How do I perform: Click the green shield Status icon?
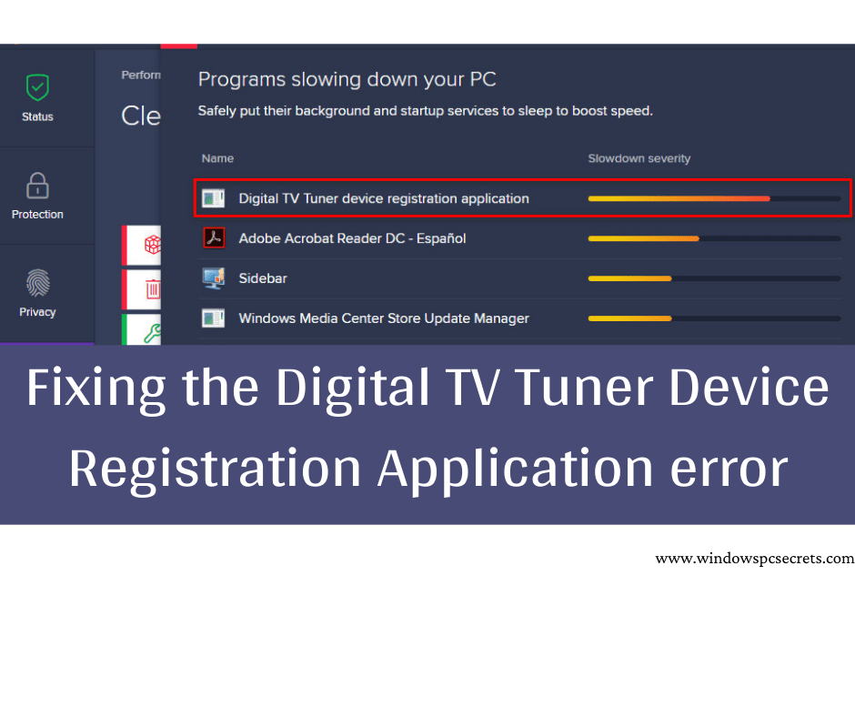37,88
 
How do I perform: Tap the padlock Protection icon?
37,186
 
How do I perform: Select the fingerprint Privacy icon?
37,283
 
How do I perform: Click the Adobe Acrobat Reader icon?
213,238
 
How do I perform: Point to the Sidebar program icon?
213,278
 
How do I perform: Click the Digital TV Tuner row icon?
213,198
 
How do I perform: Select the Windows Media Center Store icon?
213,318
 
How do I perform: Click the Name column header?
217,158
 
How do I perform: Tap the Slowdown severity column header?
639,158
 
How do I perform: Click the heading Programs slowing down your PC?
347,79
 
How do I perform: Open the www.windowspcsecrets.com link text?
754,559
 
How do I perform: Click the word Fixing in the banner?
96,389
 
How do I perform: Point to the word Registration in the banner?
214,470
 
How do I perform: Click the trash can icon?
152,290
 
